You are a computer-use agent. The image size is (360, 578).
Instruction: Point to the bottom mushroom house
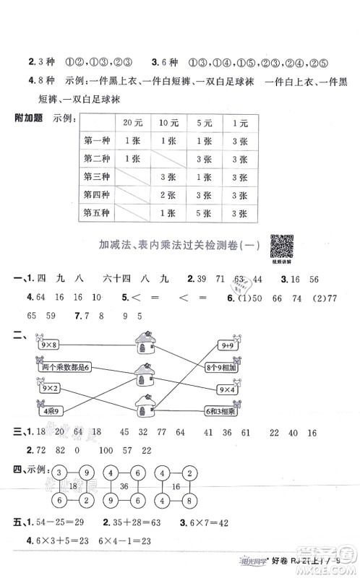pos(143,407)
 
